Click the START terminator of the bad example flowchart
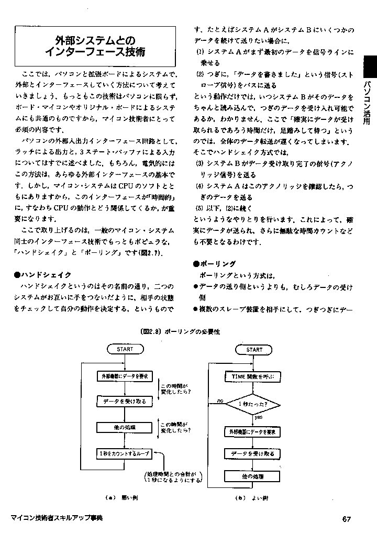point(125,349)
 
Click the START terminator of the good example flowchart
point(254,349)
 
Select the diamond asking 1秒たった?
point(252,404)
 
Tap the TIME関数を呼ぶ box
point(253,376)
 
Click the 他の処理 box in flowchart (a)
point(125,427)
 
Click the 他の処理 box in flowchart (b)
point(253,476)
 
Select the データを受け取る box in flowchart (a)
point(125,402)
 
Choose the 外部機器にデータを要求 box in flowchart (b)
point(253,432)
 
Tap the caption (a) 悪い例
point(121,498)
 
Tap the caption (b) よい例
point(252,498)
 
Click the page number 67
point(346,519)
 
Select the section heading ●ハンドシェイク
point(43,274)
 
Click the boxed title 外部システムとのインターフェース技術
point(95,46)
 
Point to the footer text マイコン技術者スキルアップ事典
point(57,518)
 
